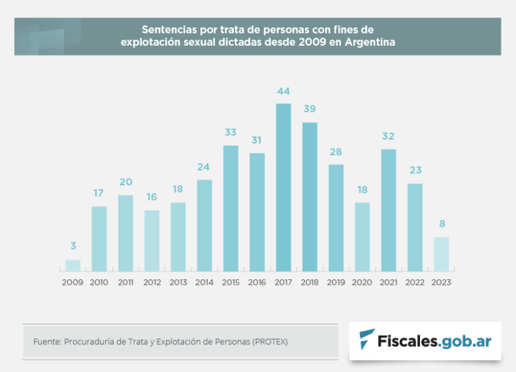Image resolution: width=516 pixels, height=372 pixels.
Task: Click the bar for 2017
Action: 284,187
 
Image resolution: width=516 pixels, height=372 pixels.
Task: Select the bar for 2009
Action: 73,265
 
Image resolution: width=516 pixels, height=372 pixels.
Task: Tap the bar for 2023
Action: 441,254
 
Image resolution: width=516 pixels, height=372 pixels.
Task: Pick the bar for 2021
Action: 388,210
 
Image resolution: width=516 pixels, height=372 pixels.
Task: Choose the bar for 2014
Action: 204,225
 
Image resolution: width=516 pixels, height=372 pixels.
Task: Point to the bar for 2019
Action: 336,218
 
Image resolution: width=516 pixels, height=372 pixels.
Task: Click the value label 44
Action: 284,91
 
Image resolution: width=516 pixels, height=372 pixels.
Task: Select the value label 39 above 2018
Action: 310,109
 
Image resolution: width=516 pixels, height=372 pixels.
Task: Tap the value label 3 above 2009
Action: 73,246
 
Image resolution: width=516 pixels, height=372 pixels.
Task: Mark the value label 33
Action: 230,132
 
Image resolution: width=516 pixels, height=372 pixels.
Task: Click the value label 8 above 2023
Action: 441,224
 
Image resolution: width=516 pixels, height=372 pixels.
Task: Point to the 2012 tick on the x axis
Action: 152,283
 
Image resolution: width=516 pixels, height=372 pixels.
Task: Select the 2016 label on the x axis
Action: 257,283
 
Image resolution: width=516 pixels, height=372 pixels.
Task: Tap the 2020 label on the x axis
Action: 362,283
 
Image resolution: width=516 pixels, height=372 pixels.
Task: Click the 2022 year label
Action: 415,283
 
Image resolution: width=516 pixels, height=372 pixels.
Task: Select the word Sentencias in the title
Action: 167,30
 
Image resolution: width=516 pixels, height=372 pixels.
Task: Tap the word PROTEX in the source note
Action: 271,342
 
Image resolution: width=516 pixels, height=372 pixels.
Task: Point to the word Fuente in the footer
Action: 46,342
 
